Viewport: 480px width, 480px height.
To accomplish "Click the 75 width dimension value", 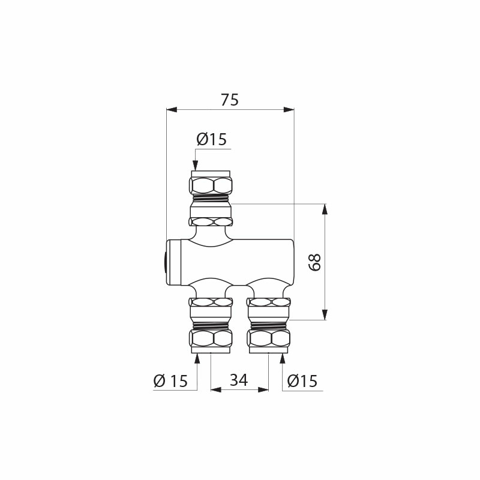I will [230, 100].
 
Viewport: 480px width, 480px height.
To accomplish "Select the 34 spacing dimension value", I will [239, 380].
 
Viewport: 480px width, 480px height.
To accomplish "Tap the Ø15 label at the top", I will [211, 139].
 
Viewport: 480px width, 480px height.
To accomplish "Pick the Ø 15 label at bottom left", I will [170, 380].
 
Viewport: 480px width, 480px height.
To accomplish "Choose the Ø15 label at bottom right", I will [302, 380].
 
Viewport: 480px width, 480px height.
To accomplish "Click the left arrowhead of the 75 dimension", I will [171, 110].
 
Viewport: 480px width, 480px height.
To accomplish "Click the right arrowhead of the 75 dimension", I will [289, 110].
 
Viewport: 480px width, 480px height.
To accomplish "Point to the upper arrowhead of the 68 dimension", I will [325, 209].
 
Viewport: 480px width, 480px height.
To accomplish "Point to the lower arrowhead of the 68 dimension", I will [325, 315].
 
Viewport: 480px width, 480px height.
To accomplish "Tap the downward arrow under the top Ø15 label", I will [195, 164].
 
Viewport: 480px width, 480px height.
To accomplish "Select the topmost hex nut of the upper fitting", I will [211, 184].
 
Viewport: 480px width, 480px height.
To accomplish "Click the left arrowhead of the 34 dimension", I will [215, 389].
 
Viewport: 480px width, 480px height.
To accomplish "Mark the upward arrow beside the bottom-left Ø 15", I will [197, 359].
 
